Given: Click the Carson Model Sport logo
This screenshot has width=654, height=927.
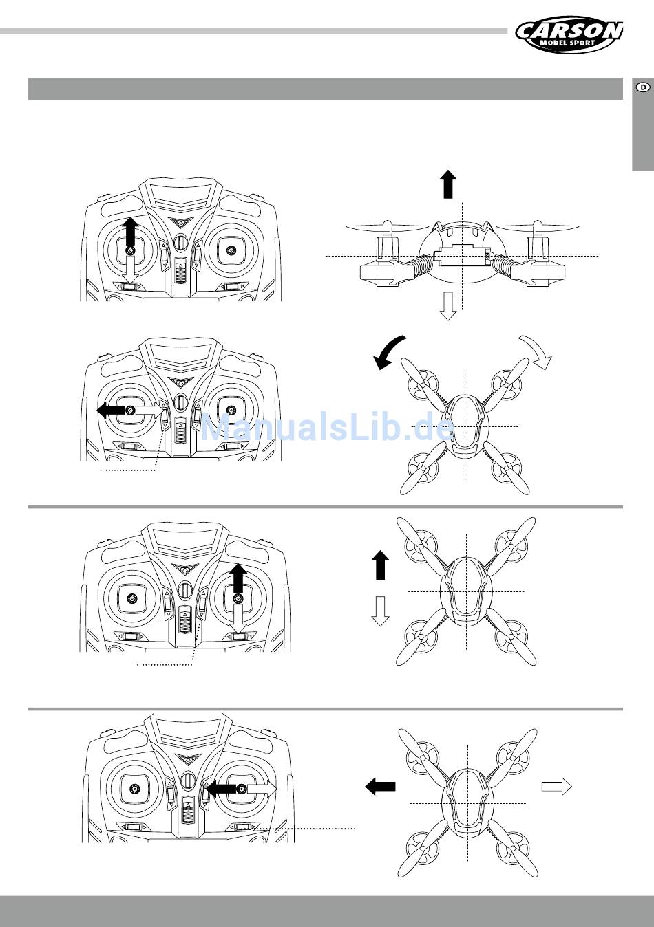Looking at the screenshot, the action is [x=569, y=34].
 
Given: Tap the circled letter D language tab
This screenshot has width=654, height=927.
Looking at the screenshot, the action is [x=643, y=87].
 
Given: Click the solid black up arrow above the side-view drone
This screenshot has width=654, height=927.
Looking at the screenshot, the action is [x=447, y=184].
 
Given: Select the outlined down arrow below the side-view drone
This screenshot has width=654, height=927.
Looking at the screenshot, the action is [x=447, y=306].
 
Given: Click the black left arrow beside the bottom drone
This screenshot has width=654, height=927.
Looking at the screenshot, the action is [x=380, y=786].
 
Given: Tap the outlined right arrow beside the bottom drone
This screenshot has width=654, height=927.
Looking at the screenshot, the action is [x=557, y=786].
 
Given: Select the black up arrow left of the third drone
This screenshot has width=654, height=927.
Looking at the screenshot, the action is [x=380, y=565].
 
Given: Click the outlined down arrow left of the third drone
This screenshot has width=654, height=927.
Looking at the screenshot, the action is [x=380, y=611].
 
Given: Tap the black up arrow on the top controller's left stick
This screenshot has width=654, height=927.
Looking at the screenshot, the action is [x=131, y=231].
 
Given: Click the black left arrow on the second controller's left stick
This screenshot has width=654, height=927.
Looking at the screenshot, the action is [x=111, y=410].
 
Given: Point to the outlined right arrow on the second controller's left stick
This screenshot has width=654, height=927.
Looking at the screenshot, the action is [x=149, y=410].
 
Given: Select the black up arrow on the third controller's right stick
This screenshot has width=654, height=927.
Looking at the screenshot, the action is [x=238, y=578].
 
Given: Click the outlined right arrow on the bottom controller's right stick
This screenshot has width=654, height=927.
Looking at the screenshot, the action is [x=262, y=789].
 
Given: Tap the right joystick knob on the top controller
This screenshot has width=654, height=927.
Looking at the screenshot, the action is [x=231, y=250].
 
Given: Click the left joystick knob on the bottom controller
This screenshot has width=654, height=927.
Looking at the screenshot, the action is [x=134, y=789].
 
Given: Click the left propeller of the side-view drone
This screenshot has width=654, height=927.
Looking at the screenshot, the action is [x=388, y=227].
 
